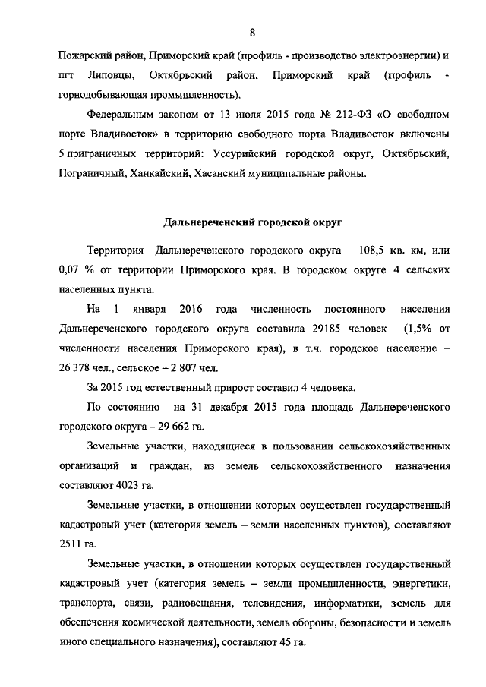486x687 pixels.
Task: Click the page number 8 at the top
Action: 251,31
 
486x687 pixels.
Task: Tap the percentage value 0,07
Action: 71,271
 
